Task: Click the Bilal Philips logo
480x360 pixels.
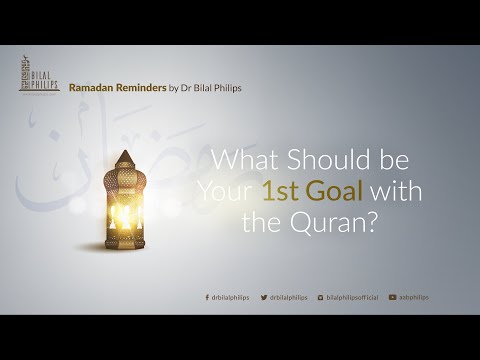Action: coord(39,75)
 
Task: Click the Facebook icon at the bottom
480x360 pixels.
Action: coord(206,297)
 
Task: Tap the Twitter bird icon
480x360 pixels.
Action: coord(264,297)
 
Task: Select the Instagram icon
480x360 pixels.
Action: coord(321,297)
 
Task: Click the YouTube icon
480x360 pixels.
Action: coord(393,297)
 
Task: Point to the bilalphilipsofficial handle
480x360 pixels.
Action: coord(353,297)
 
